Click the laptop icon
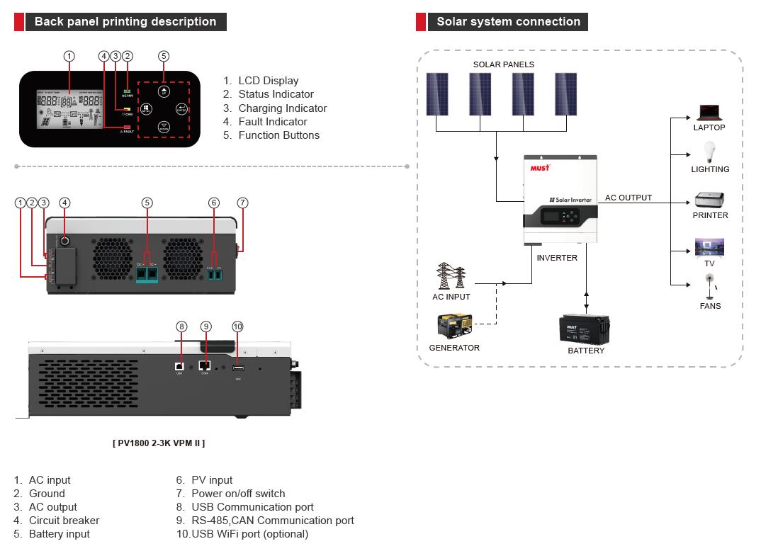709,113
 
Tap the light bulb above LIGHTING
709,152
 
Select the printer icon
709,200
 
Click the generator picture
454,327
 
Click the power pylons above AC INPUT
451,276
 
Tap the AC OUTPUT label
628,198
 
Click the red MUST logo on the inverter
541,168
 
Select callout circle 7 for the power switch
242,203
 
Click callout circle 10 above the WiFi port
237,326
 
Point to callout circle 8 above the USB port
181,326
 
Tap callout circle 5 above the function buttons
164,56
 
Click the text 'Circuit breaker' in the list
64,521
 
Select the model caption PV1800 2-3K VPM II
159,443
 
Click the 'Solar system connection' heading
508,22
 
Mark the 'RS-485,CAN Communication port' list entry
272,521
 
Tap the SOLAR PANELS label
504,64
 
